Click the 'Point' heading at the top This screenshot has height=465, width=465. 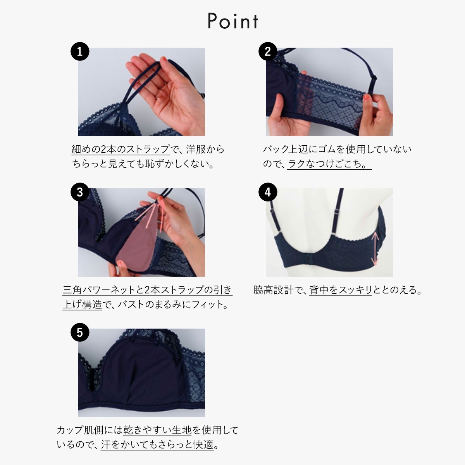pyautogui.click(x=232, y=21)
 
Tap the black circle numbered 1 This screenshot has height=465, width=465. pyautogui.click(x=80, y=52)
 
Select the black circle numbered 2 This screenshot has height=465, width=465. pyautogui.click(x=268, y=52)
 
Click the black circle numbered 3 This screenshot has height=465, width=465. pyautogui.click(x=80, y=192)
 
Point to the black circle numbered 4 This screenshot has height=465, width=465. pyautogui.click(x=268, y=192)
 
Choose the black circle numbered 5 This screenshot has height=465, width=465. pyautogui.click(x=80, y=332)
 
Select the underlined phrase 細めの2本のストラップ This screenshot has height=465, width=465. pyautogui.click(x=121, y=149)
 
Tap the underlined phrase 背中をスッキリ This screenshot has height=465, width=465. pyautogui.click(x=341, y=290)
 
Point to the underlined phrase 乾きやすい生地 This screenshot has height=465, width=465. pyautogui.click(x=157, y=430)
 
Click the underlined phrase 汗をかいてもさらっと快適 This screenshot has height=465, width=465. pyautogui.click(x=157, y=444)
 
